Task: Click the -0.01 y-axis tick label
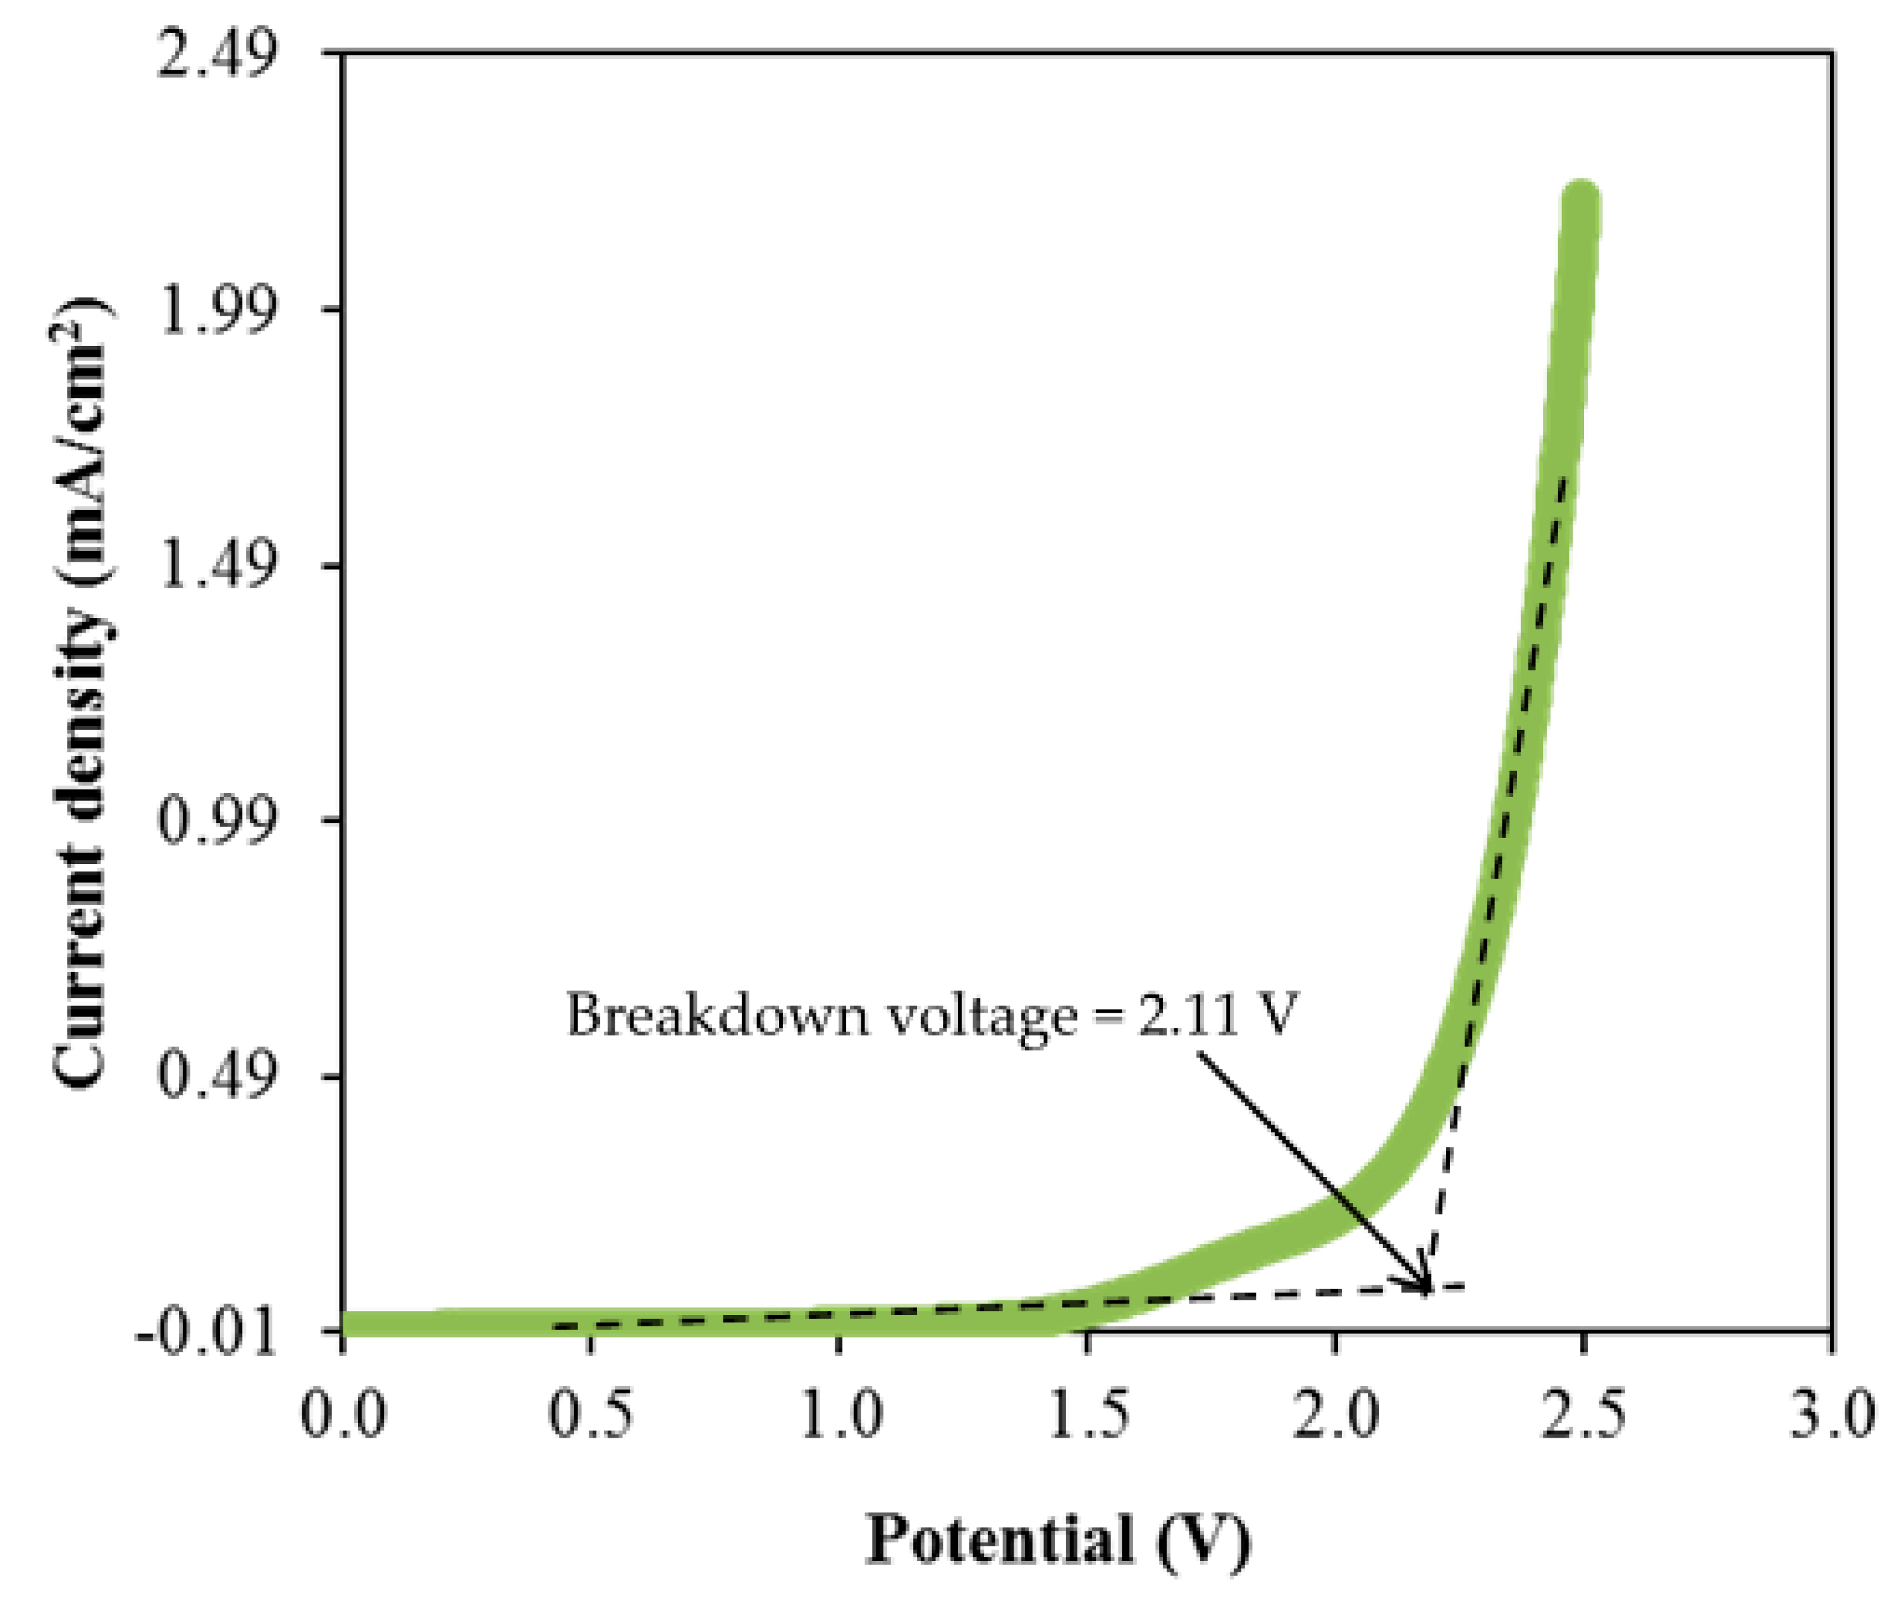tap(206, 1334)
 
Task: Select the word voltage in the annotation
tap(980, 1016)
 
